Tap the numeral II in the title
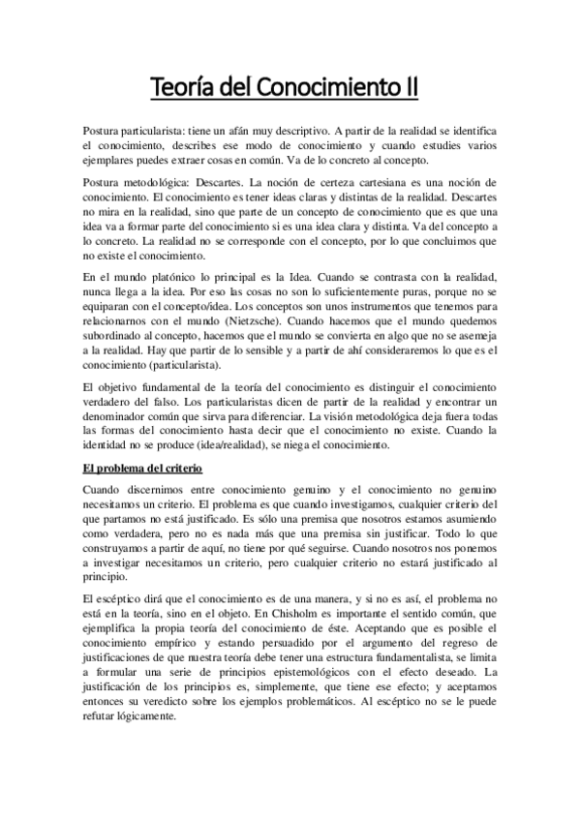pos(412,88)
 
